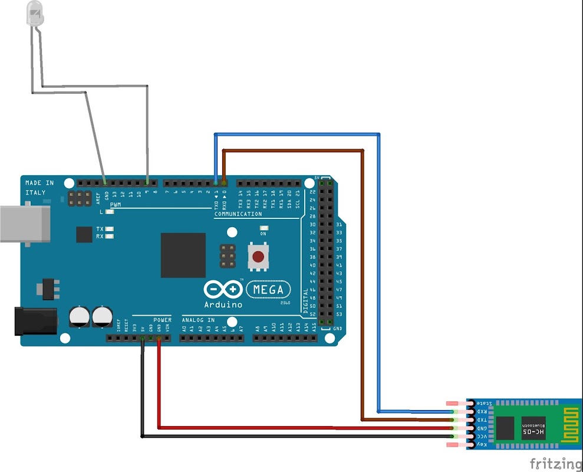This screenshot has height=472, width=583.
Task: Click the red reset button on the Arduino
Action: [x=258, y=257]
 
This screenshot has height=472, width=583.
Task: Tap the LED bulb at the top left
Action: [x=35, y=14]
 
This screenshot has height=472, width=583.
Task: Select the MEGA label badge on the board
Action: [x=269, y=290]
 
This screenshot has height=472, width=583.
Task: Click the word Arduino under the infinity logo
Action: [x=223, y=305]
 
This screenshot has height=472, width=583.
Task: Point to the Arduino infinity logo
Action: [x=223, y=289]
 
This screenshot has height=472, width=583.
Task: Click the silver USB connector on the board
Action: [x=24, y=224]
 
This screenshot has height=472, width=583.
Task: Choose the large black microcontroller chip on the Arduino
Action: [x=183, y=255]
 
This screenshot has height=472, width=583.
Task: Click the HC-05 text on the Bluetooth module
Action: [x=534, y=433]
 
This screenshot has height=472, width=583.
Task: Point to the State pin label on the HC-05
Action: [x=483, y=403]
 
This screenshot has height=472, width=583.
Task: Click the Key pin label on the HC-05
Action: [x=482, y=444]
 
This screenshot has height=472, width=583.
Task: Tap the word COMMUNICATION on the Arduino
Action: [x=238, y=214]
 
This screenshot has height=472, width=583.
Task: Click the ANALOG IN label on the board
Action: [x=199, y=320]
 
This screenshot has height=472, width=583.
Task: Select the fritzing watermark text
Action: [x=554, y=463]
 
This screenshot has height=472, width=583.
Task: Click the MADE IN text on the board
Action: [x=39, y=183]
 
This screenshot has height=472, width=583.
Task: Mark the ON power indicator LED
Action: [x=263, y=228]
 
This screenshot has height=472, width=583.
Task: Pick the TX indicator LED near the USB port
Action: [x=109, y=228]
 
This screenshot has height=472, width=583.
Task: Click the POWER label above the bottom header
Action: [x=162, y=320]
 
